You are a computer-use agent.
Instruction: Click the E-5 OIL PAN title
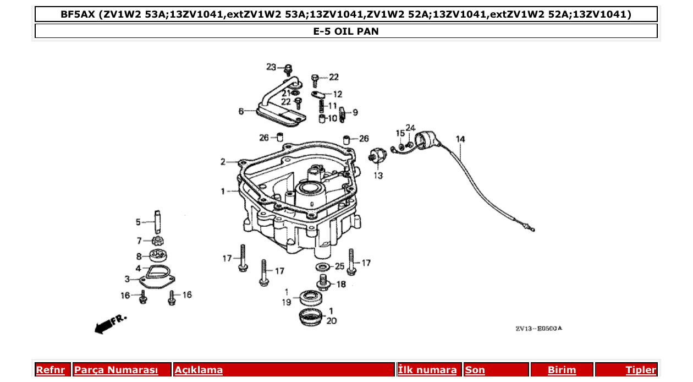tap(346, 31)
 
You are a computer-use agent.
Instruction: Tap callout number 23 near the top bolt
tap(271, 67)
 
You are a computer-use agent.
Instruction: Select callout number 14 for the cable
tap(460, 139)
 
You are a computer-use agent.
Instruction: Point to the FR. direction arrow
tap(111, 324)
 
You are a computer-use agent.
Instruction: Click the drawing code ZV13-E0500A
tap(539, 329)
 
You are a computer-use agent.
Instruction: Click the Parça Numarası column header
tap(116, 370)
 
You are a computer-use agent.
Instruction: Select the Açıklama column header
tap(199, 370)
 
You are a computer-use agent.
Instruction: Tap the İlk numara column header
tap(427, 370)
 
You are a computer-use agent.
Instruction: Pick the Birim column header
tap(562, 370)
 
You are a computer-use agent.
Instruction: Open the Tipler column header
tap(641, 370)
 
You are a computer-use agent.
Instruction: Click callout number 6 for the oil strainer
tap(241, 111)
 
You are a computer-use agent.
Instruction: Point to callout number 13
tap(378, 176)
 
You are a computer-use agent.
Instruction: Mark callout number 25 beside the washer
tap(339, 266)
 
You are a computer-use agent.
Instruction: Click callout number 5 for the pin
tap(138, 222)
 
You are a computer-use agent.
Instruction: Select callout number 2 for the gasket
tap(223, 162)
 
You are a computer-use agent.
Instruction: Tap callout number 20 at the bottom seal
tap(331, 321)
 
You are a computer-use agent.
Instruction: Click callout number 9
tap(355, 112)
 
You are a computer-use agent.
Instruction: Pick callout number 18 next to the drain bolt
tap(341, 284)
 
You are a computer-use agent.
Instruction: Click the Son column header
tap(475, 370)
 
